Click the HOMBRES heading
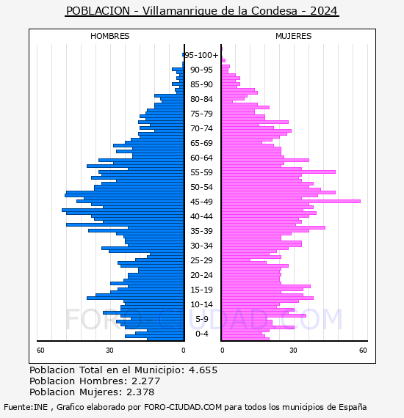pyautogui.click(x=109, y=36)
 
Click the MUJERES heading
pyautogui.click(x=294, y=36)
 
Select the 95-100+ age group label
pyautogui.click(x=201, y=55)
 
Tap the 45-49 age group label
pyautogui.click(x=201, y=202)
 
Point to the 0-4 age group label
pyautogui.click(x=201, y=334)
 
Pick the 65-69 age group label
pyautogui.click(x=201, y=143)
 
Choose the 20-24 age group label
pyautogui.click(x=201, y=275)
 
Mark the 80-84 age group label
pyautogui.click(x=201, y=99)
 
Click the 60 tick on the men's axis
pyautogui.click(x=40, y=351)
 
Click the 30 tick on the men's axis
pyautogui.click(x=109, y=351)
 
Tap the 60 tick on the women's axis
pyautogui.click(x=363, y=351)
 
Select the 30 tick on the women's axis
pyautogui.click(x=293, y=351)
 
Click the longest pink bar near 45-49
pyautogui.click(x=291, y=201)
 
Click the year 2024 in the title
pyautogui.click(x=324, y=11)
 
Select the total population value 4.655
pyautogui.click(x=203, y=370)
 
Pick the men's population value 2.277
pyautogui.click(x=145, y=381)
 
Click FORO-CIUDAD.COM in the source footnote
pyautogui.click(x=183, y=407)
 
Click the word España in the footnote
pyautogui.click(x=353, y=408)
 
